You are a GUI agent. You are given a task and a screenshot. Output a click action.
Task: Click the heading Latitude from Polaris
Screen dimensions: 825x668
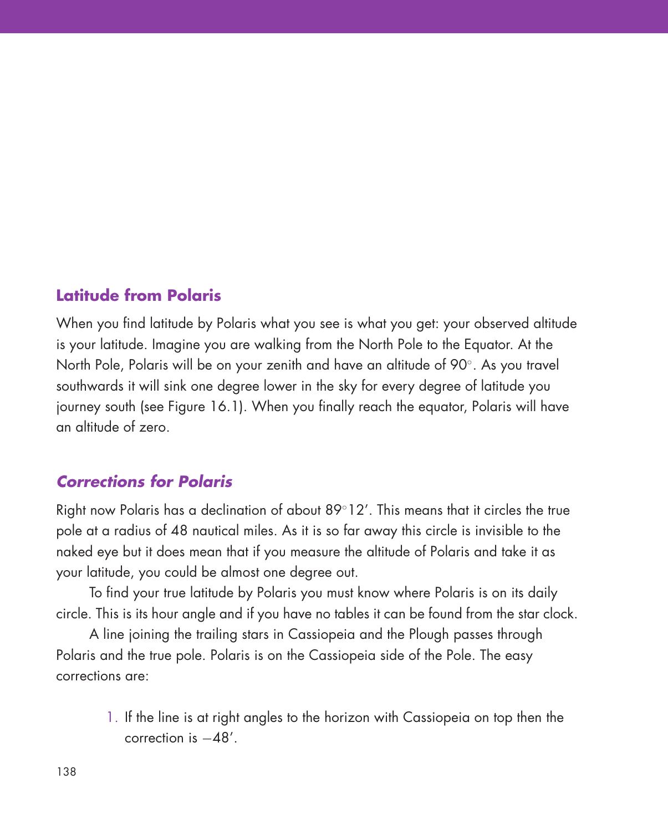[139, 295]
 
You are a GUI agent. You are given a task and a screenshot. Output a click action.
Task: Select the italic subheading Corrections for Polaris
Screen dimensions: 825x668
[144, 481]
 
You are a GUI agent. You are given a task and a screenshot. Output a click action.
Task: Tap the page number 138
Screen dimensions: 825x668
[66, 771]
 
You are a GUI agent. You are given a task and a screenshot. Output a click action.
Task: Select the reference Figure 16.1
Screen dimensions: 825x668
[205, 407]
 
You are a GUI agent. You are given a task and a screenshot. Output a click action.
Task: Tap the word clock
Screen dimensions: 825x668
[560, 614]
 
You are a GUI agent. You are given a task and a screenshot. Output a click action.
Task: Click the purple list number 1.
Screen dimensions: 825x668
[111, 718]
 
